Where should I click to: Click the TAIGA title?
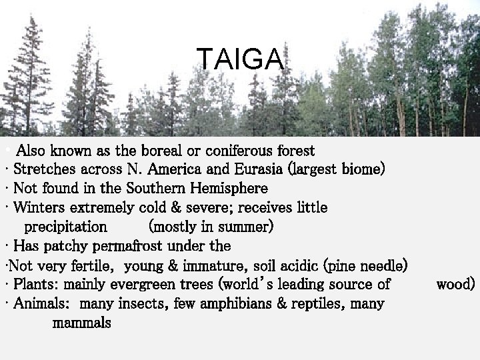[x=241, y=59]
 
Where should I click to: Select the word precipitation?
[x=65, y=227]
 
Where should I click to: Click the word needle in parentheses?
[x=381, y=266]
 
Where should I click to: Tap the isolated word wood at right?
[x=455, y=285]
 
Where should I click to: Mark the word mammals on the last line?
[x=81, y=323]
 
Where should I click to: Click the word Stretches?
[x=43, y=169]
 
